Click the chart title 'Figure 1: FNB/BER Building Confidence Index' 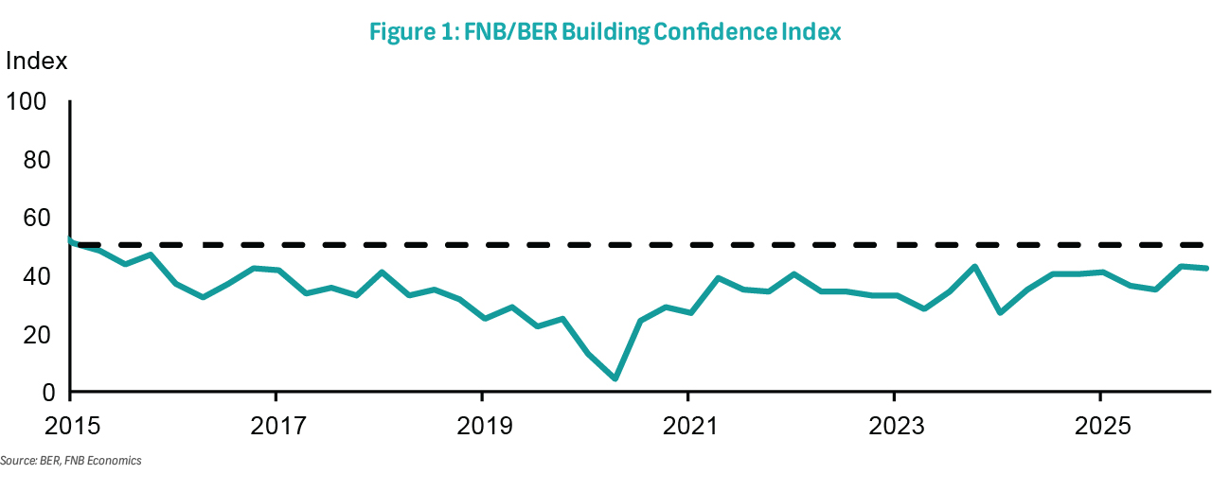[605, 32]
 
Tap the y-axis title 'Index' [37, 62]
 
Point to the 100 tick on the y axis [27, 101]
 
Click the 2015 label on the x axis [71, 426]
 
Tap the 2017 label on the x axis [276, 426]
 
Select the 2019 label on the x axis [482, 426]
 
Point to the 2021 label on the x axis [687, 426]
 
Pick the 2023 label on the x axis [894, 426]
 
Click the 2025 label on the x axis [1099, 426]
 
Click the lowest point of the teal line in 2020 [615, 378]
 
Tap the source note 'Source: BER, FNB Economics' [71, 461]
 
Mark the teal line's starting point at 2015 [72, 239]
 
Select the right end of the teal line [1205, 268]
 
